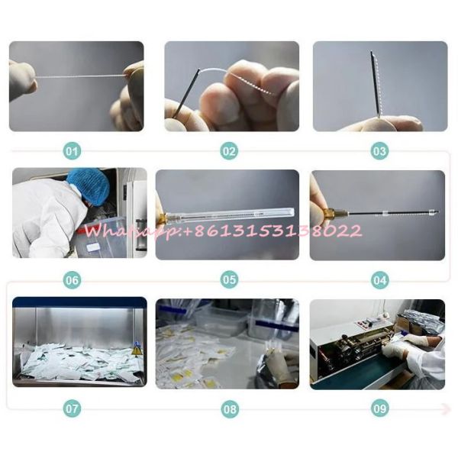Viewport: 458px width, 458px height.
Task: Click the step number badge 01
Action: point(72,151)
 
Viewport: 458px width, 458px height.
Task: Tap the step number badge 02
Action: point(229,151)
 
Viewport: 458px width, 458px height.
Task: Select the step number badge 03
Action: point(379,151)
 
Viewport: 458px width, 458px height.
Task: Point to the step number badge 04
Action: point(379,280)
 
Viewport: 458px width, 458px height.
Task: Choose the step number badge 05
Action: point(229,280)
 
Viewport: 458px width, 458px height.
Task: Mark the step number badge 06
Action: point(72,280)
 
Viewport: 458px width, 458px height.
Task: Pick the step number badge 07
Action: point(72,408)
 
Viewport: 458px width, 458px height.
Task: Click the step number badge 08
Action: point(230,409)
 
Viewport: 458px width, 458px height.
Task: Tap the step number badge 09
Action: point(380,408)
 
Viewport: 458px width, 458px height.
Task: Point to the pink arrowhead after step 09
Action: point(447,408)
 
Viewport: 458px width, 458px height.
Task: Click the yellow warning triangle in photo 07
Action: point(136,351)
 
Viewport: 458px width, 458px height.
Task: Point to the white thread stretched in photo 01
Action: point(80,77)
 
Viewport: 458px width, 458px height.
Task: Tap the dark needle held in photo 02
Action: point(186,93)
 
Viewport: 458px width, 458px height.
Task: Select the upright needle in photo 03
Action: point(376,85)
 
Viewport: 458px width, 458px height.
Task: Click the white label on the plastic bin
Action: point(94,247)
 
